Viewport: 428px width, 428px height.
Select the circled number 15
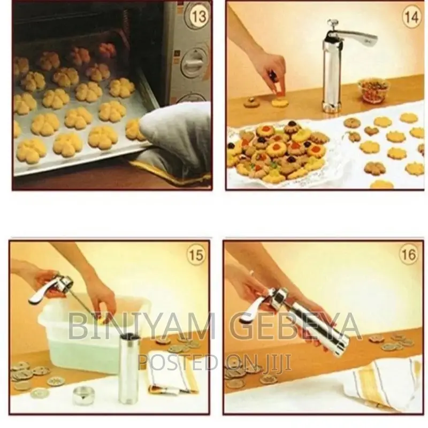pos(196,255)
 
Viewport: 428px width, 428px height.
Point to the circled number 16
pos(408,255)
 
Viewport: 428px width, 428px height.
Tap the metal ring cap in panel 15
pos(83,395)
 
